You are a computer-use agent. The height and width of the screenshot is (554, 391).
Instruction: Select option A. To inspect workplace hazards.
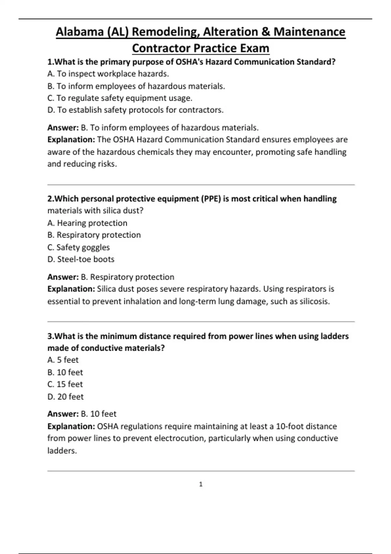point(108,74)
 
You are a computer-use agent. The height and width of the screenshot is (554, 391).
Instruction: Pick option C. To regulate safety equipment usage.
point(120,98)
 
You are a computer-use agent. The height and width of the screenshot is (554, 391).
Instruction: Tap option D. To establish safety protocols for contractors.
point(135,110)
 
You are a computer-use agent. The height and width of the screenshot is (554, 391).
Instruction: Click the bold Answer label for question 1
point(63,127)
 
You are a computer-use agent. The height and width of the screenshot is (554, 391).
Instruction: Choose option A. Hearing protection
point(87,223)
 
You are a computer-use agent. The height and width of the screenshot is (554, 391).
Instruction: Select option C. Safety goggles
point(78,247)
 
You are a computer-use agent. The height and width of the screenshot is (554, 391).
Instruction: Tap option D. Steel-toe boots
point(81,259)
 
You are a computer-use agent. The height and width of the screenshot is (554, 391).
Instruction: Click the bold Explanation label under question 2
point(71,289)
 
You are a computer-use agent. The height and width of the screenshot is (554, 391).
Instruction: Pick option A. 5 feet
point(63,360)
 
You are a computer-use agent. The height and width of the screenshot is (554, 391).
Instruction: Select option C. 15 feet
point(65,384)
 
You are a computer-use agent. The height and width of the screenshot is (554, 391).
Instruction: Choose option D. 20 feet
point(65,397)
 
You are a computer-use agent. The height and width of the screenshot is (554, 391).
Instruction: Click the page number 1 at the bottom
point(201,484)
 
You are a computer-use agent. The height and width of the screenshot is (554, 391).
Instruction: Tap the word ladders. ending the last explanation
point(62,451)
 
